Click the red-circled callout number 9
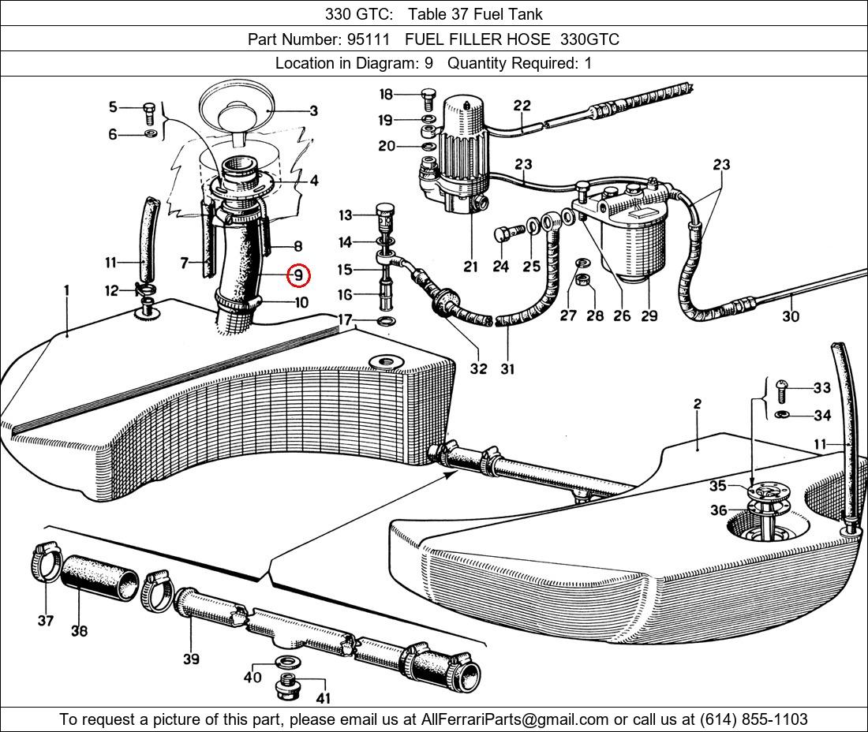298,275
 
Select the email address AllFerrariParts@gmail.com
515,719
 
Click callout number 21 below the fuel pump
470,267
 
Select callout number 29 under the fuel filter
649,316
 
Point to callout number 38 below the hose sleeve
79,630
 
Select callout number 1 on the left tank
67,291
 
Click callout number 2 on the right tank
698,404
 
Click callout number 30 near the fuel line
790,316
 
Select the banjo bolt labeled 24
505,233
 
